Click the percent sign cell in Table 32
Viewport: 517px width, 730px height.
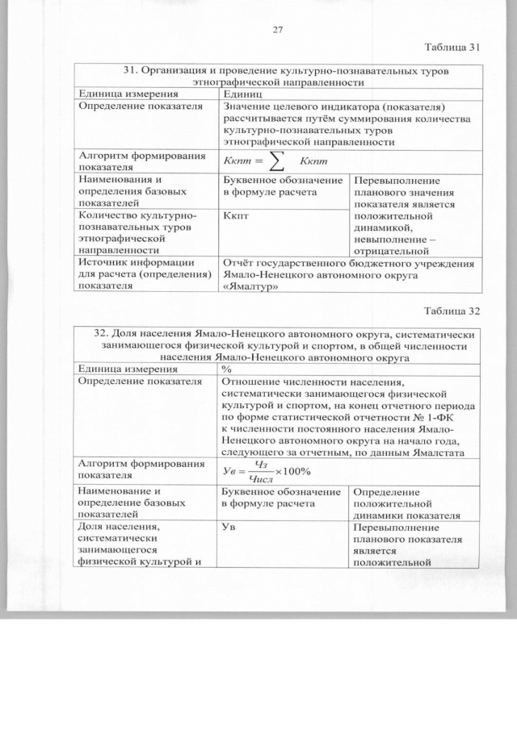(x=227, y=369)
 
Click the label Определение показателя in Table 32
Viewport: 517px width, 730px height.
(x=139, y=382)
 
